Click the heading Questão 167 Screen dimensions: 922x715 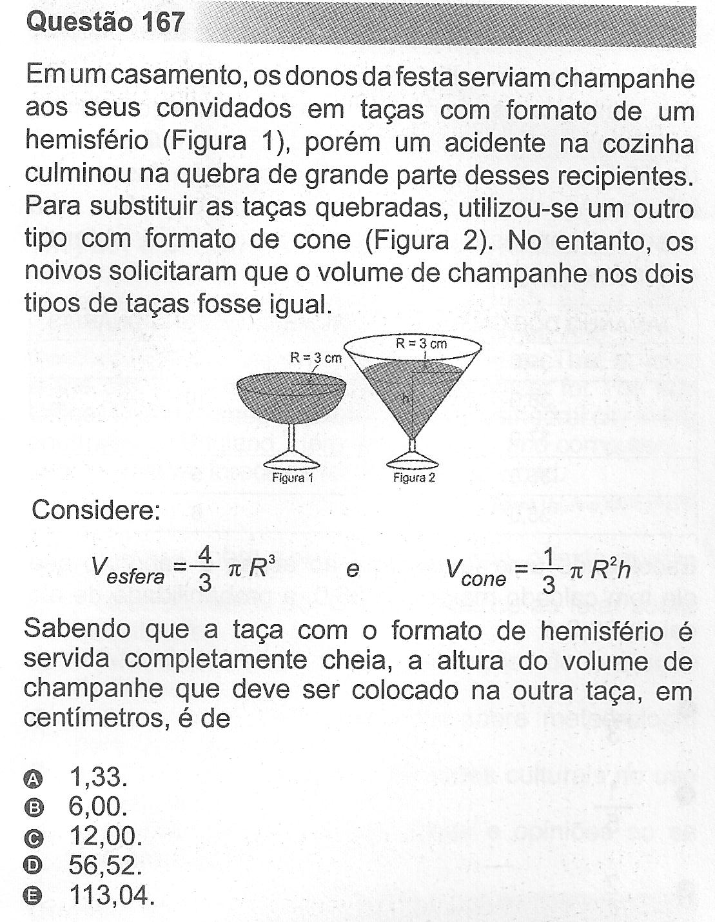point(105,23)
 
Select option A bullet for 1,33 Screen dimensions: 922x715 point(33,779)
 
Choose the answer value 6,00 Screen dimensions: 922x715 point(97,807)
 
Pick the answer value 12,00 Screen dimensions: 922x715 point(104,836)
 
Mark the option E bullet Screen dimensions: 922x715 point(33,895)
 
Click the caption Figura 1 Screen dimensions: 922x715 point(293,478)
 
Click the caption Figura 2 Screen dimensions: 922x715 point(414,478)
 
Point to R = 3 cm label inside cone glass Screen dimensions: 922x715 point(421,344)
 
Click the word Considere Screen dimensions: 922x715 point(95,511)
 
